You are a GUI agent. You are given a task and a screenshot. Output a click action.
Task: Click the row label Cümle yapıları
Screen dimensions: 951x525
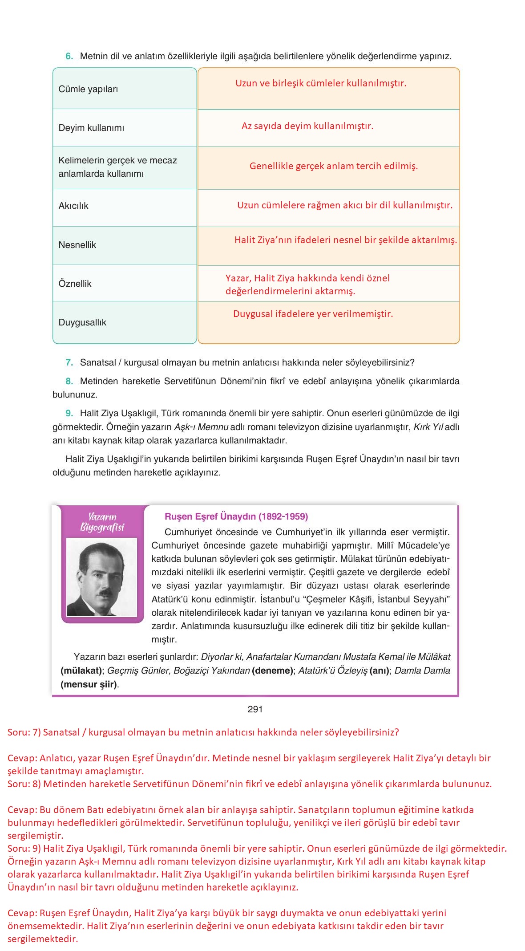[x=88, y=89]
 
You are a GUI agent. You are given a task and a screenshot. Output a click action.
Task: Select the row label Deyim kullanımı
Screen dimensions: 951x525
[x=91, y=128]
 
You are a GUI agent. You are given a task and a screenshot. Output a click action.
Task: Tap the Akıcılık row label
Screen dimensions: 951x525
[x=73, y=206]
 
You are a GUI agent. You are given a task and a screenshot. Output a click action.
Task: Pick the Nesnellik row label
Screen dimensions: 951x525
[x=77, y=245]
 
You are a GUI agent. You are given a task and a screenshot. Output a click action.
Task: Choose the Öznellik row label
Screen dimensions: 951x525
[x=75, y=284]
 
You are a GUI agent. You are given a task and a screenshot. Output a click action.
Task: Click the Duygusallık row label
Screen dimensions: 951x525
[x=82, y=322]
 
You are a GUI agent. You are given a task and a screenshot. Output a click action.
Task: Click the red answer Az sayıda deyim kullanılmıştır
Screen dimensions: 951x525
[x=307, y=126]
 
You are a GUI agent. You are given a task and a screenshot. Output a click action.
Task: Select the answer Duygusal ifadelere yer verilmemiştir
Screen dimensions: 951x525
[x=313, y=314]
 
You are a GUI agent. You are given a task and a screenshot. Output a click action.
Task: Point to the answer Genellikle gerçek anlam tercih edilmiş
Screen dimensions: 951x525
[x=333, y=166]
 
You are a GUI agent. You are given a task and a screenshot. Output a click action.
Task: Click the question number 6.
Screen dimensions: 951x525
[x=69, y=57]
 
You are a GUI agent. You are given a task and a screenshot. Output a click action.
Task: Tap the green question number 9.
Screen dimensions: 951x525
[x=69, y=413]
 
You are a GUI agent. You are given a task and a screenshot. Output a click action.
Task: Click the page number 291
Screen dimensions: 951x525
[x=255, y=709]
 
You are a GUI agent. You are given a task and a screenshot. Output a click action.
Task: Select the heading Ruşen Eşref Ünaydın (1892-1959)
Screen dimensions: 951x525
[x=236, y=516]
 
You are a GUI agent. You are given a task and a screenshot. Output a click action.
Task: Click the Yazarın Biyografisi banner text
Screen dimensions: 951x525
[x=102, y=522]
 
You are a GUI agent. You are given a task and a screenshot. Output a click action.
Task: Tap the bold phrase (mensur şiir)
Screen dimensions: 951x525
[x=89, y=684]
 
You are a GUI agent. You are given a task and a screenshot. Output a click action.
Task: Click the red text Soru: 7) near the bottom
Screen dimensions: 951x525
[x=24, y=732]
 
